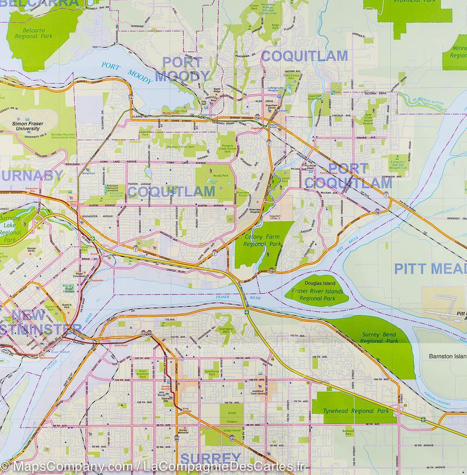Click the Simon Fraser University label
click(26, 126)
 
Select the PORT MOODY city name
click(182, 69)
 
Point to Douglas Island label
click(320, 283)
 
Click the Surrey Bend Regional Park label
click(379, 338)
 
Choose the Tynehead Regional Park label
click(356, 411)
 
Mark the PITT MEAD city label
click(430, 269)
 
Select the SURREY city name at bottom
click(210, 458)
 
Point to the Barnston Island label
click(447, 356)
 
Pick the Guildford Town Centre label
click(258, 391)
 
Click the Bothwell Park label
click(348, 432)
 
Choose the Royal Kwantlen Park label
click(141, 373)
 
